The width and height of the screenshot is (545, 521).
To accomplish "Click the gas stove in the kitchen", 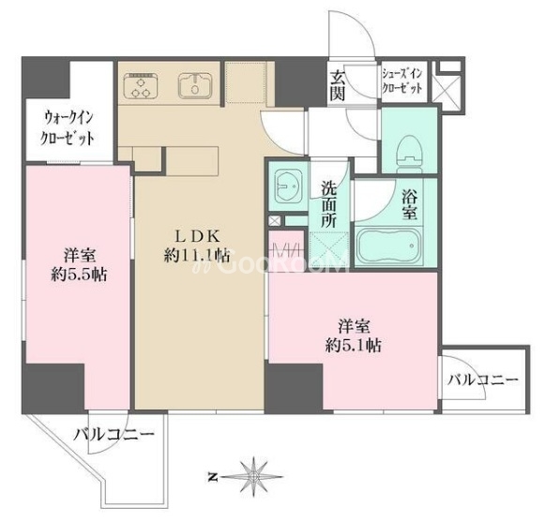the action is (141, 85).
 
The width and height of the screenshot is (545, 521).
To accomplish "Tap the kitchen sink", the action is (195, 85).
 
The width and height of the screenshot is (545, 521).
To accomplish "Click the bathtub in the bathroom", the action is (388, 246).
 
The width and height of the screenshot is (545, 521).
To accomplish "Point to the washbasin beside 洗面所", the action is (288, 187).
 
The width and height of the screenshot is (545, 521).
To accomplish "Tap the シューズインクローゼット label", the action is (402, 82).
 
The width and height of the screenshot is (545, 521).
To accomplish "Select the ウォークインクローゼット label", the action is (68, 128).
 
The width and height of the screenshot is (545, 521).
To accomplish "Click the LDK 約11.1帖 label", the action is (197, 246).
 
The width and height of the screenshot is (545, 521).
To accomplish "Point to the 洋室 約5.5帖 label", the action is (79, 265).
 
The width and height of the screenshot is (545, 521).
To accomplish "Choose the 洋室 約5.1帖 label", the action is (354, 336).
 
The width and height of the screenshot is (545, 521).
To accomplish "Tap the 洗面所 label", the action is (328, 205).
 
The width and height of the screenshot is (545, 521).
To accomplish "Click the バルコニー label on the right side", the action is (482, 380).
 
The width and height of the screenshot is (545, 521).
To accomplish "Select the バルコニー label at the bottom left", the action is (114, 434).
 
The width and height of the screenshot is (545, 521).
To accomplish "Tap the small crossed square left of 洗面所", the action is (275, 221).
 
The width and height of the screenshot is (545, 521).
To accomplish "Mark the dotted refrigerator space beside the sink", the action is (246, 82).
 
